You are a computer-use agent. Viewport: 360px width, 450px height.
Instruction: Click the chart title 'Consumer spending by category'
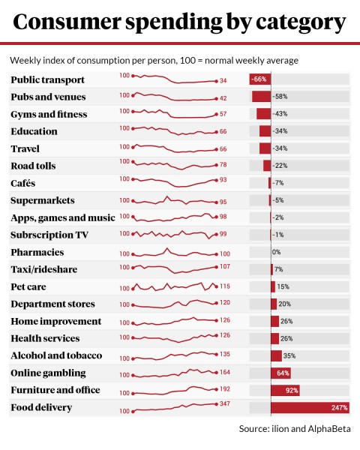click(180, 22)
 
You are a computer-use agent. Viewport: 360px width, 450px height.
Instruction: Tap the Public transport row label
click(47, 79)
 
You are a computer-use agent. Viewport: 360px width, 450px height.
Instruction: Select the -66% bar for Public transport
click(259, 79)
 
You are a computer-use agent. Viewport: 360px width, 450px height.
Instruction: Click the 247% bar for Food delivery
click(310, 407)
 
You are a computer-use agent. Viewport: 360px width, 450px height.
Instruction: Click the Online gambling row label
click(48, 373)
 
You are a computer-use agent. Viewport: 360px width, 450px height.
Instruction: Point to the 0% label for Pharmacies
click(276, 252)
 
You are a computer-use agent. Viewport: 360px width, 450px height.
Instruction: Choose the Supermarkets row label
click(43, 200)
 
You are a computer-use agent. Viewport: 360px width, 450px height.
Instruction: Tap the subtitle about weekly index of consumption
click(154, 59)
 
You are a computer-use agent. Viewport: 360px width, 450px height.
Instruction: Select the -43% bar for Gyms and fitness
click(263, 114)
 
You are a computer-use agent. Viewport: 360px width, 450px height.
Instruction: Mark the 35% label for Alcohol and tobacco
click(289, 355)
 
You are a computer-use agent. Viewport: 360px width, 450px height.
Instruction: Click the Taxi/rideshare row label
click(44, 269)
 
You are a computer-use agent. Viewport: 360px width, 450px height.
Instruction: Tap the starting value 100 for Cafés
click(124, 178)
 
